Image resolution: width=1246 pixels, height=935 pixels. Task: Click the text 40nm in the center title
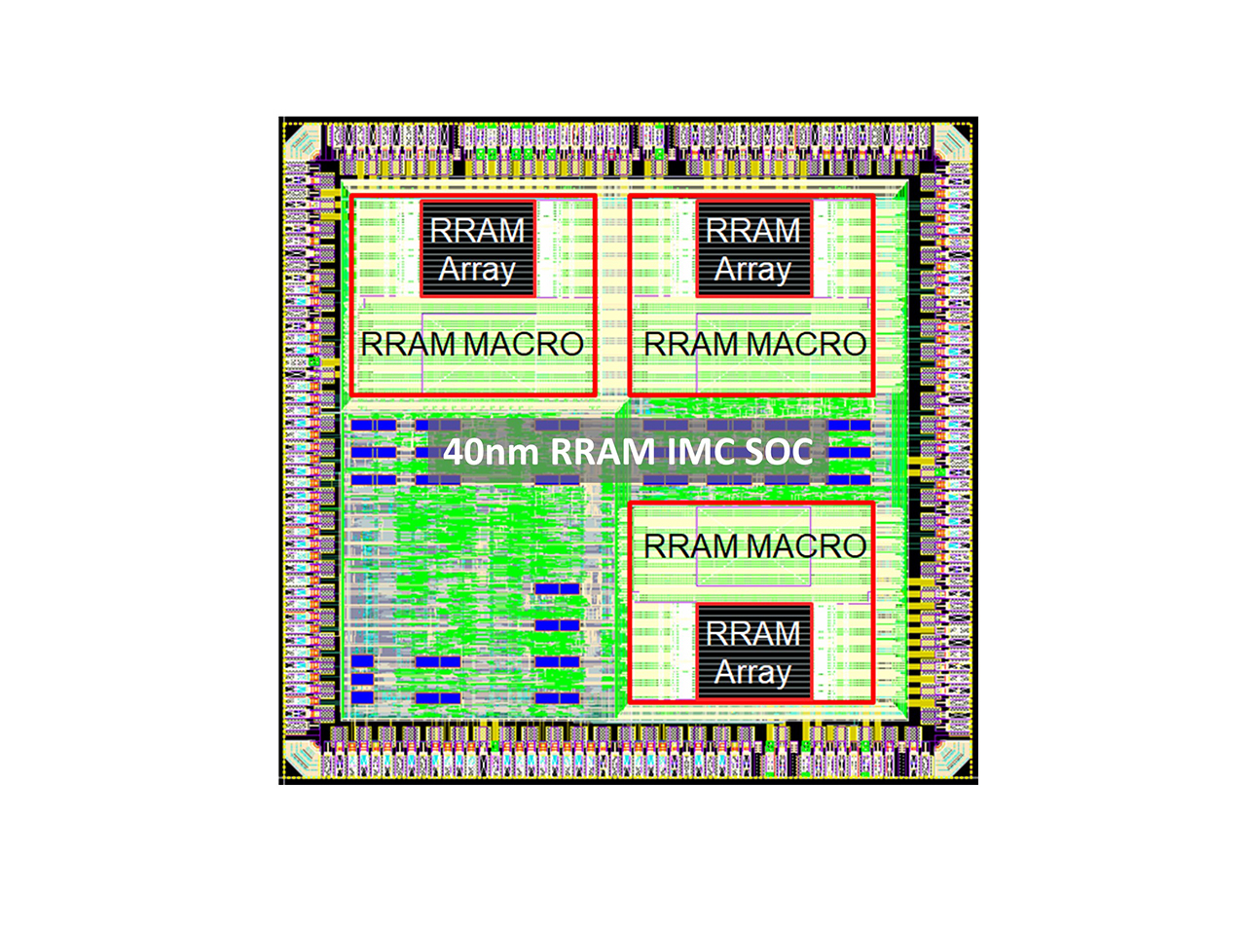pyautogui.click(x=491, y=453)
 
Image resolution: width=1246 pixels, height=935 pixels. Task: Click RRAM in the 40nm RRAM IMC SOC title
pyautogui.click(x=603, y=453)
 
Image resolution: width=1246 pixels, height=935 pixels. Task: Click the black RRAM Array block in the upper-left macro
pyautogui.click(x=477, y=248)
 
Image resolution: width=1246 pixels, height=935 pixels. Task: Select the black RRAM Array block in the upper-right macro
pyautogui.click(x=753, y=248)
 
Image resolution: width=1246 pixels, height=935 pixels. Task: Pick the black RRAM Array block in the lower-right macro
pyautogui.click(x=753, y=652)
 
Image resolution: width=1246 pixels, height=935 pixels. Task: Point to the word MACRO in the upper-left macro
pyautogui.click(x=524, y=344)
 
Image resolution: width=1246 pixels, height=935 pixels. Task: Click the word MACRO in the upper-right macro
pyautogui.click(x=807, y=344)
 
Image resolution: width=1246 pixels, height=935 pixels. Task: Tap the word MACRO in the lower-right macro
pyautogui.click(x=807, y=546)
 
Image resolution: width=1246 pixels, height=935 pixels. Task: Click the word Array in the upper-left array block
pyautogui.click(x=477, y=270)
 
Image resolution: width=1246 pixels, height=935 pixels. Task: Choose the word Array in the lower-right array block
pyautogui.click(x=752, y=672)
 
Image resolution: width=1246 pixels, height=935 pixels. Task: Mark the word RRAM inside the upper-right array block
pyautogui.click(x=752, y=230)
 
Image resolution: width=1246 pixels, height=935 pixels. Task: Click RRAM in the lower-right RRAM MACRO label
pyautogui.click(x=692, y=546)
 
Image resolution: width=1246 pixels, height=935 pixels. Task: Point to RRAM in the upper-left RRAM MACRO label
pyautogui.click(x=409, y=344)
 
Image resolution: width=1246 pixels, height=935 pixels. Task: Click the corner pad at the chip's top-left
pyautogui.click(x=303, y=141)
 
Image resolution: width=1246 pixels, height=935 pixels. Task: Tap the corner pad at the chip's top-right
pyautogui.click(x=953, y=141)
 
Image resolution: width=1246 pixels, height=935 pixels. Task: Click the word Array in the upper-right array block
pyautogui.click(x=752, y=270)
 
